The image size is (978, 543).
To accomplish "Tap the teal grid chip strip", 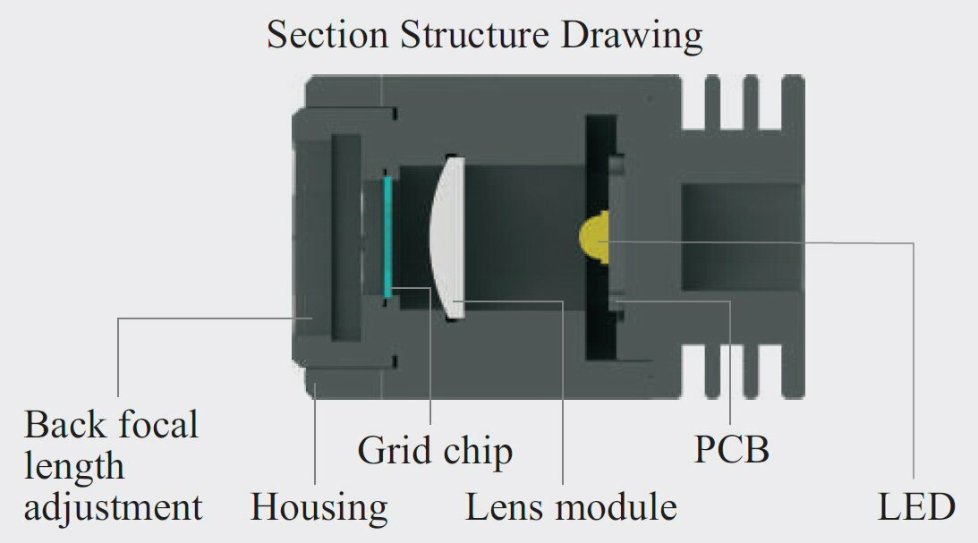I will point(387,237).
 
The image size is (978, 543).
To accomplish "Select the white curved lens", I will point(447,237).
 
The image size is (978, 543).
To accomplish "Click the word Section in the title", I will point(327,35).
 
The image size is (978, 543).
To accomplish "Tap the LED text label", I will point(915,507).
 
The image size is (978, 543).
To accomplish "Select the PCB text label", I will point(731,449).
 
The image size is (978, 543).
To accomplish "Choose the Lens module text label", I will point(571,507).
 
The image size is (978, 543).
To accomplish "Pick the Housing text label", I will point(319,507).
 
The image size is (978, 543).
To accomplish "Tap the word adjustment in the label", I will point(114,507).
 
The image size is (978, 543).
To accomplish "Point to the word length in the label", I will point(74,465).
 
